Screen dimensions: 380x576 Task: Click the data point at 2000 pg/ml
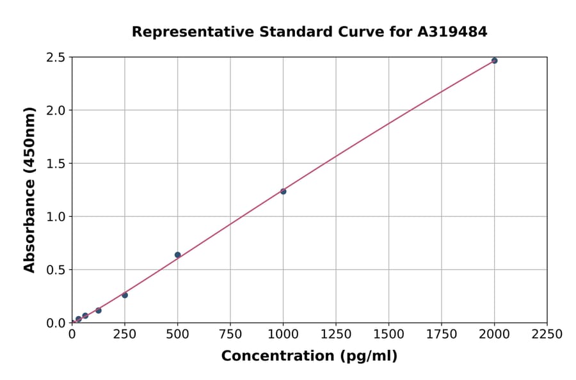point(494,61)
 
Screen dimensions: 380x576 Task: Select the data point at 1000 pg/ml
point(283,191)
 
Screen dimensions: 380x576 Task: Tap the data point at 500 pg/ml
point(177,255)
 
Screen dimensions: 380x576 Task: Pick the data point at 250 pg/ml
point(125,295)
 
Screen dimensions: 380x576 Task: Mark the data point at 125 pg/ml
point(99,310)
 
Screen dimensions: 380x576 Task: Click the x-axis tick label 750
point(230,334)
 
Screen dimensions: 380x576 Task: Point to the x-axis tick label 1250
point(336,334)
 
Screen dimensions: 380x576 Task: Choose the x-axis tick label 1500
point(388,334)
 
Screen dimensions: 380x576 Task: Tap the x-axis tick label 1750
point(442,334)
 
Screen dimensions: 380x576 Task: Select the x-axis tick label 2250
point(547,334)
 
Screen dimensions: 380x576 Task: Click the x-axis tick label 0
point(72,334)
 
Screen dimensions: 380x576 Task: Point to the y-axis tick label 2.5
point(56,58)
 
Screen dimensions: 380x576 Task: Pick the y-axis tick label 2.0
point(56,111)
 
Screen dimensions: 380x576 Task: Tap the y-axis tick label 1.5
point(56,164)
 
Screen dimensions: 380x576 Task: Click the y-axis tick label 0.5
point(56,270)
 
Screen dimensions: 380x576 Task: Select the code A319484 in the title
point(452,31)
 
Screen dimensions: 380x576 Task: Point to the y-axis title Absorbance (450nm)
point(29,189)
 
